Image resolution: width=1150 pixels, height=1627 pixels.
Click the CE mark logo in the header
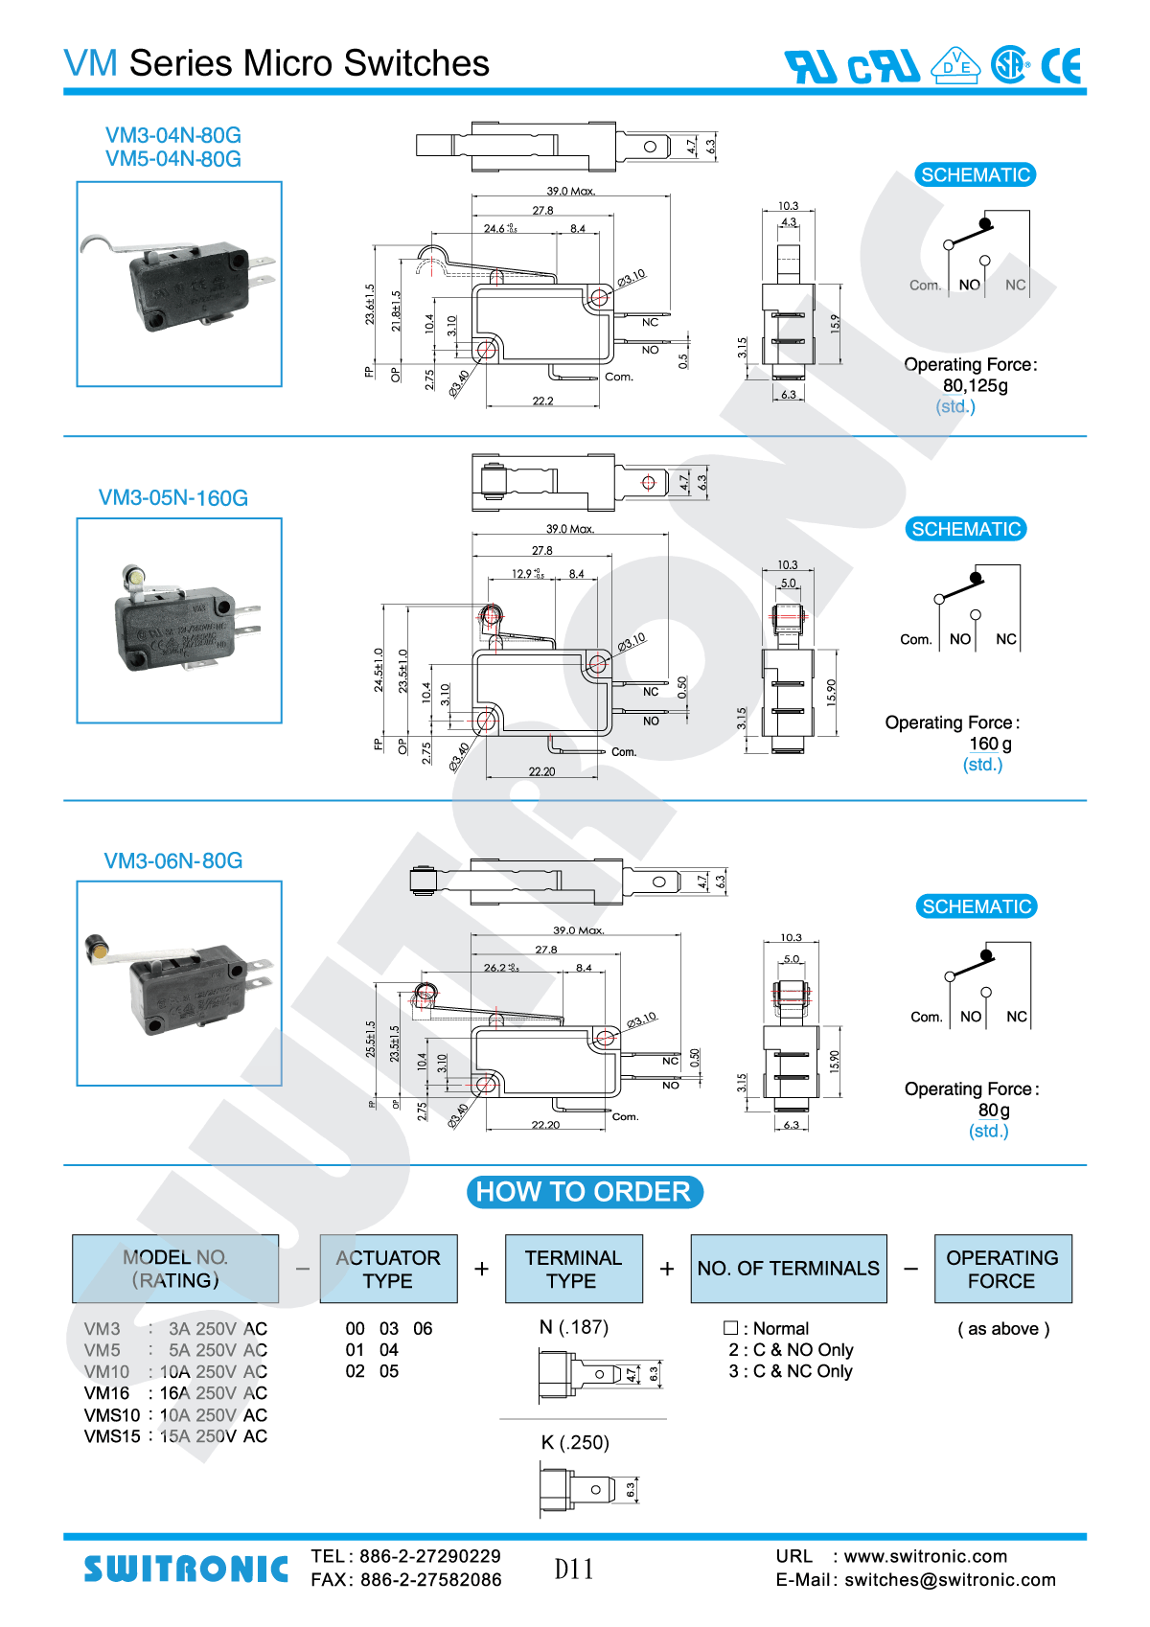(x=1062, y=66)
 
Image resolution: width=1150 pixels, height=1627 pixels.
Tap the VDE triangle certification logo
(x=955, y=65)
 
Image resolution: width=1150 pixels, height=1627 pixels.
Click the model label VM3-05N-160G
(x=173, y=498)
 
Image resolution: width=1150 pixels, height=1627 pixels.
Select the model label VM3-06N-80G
(x=173, y=860)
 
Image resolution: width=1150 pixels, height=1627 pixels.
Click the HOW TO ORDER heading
(x=584, y=1192)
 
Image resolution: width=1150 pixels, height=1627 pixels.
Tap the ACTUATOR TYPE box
(x=388, y=1269)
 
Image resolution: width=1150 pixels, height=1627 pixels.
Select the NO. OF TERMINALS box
(x=788, y=1269)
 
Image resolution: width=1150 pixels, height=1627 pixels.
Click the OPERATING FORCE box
(x=1002, y=1269)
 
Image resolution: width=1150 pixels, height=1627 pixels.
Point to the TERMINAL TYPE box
(x=573, y=1269)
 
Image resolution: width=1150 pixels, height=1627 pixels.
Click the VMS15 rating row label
(x=112, y=1436)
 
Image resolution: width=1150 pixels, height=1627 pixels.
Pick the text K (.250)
(x=575, y=1443)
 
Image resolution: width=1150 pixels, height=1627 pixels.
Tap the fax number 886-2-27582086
(x=430, y=1580)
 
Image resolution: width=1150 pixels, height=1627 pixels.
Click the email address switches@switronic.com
(x=950, y=1580)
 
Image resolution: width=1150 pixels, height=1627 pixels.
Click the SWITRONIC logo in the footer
(x=186, y=1569)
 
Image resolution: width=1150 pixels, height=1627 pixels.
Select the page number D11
(x=574, y=1570)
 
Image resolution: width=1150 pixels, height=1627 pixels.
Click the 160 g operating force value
(x=990, y=744)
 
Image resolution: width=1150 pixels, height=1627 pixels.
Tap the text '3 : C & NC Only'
(x=791, y=1371)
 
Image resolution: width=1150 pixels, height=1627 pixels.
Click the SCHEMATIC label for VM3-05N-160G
(x=966, y=529)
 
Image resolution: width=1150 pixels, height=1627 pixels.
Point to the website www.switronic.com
(x=925, y=1556)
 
